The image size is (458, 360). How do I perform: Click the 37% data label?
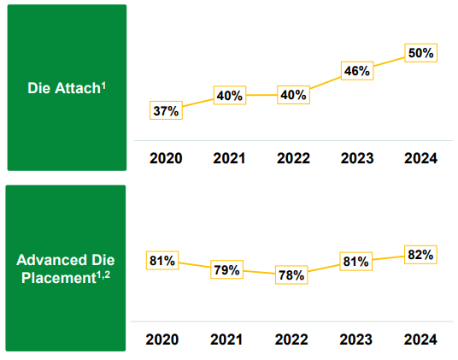pos(166,110)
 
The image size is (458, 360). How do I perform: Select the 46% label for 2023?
pos(357,71)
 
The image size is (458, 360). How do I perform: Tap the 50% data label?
pos(421,53)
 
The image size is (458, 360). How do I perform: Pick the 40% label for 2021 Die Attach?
pos(230,95)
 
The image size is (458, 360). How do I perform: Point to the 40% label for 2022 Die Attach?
pos(294,95)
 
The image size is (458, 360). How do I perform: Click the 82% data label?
pos(420,255)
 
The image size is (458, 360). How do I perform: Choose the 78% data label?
pos(291,275)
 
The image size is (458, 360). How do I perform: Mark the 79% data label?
pos(227,269)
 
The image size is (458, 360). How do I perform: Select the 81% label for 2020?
pos(162,260)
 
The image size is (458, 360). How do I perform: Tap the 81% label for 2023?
pos(356,262)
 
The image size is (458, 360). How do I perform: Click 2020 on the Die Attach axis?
pos(166,158)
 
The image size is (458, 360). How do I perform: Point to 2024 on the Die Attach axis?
pos(421,158)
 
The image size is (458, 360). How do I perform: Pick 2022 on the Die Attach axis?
pos(294,158)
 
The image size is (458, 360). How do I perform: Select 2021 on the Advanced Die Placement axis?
pos(226,339)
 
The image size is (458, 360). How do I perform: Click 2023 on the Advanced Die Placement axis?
pos(356,339)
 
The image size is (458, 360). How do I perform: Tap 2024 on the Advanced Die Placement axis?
pos(420,339)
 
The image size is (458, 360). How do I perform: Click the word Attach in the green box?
pos(78,88)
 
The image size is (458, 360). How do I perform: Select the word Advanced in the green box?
pos(51,260)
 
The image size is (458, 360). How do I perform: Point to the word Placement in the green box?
pos(59,278)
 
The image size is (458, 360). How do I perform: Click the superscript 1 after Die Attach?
pos(103,86)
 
